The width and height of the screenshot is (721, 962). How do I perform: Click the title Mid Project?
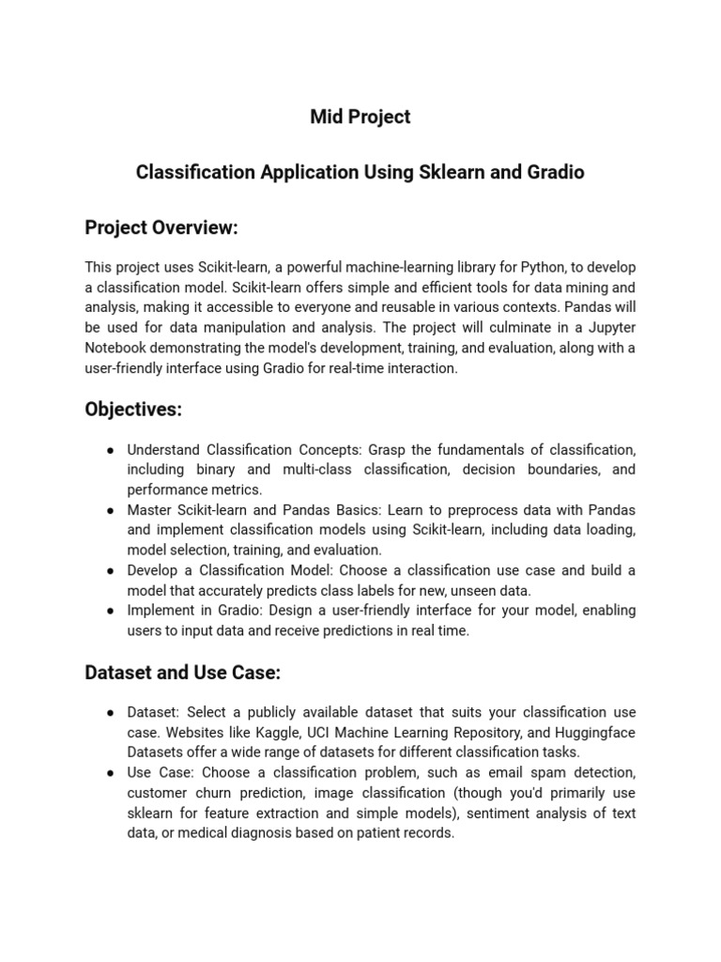point(360,116)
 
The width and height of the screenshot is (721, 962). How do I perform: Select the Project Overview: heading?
point(161,227)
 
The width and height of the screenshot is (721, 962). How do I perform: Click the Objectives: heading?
point(132,409)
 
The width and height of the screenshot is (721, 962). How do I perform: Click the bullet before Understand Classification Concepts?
point(110,449)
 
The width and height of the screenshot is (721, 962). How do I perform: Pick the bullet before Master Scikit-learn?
point(110,510)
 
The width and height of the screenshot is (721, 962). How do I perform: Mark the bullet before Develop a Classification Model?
point(110,570)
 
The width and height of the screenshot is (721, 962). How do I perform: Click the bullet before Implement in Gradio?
point(110,611)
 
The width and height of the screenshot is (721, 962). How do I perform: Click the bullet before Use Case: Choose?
point(110,772)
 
